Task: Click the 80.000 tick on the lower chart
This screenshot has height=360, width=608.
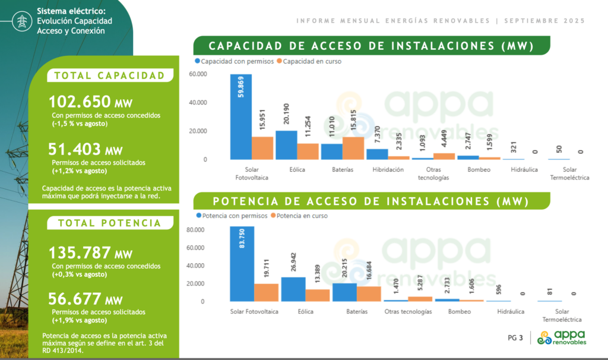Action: point(195,230)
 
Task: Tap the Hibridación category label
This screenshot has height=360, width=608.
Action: point(388,169)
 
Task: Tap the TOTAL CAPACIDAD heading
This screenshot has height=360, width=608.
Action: point(109,75)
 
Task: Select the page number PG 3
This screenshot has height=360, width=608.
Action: point(515,339)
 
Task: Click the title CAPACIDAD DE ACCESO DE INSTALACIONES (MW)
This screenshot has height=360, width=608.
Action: point(371,46)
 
